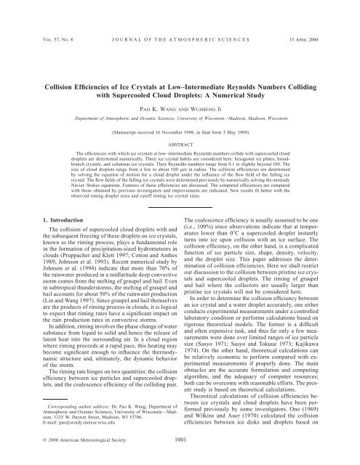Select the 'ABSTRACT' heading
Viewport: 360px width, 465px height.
[x=179, y=126]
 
